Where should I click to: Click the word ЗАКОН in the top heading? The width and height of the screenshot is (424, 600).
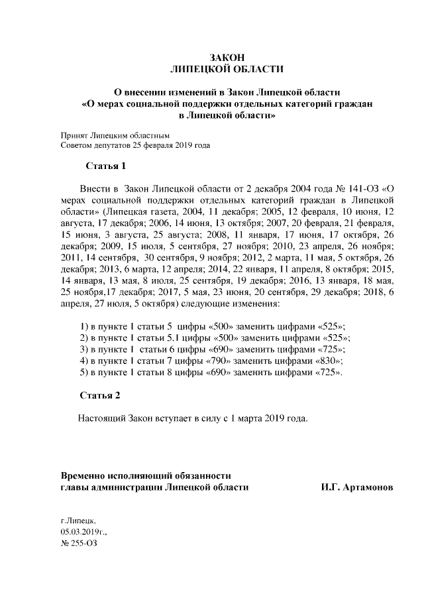227,57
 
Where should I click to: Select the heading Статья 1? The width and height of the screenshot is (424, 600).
105,164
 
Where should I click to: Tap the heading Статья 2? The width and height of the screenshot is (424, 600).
100,396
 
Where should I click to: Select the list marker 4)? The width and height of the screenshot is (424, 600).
83,361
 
